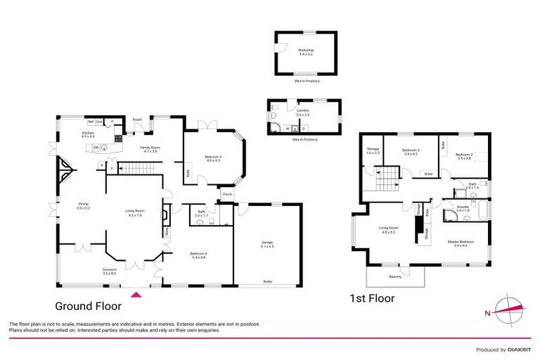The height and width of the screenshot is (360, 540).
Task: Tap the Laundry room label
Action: [x=303, y=112]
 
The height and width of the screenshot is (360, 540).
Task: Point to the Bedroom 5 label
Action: [x=214, y=158]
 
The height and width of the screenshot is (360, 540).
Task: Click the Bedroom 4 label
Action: [x=198, y=256]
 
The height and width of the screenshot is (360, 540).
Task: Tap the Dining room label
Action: [x=84, y=206]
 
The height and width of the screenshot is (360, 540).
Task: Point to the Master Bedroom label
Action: [x=461, y=243]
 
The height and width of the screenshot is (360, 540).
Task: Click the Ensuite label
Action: [x=463, y=208]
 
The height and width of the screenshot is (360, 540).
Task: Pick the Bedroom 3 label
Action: [x=411, y=151]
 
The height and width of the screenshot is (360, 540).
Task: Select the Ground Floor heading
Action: [x=89, y=306]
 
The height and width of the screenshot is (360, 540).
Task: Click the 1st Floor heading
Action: [x=372, y=298]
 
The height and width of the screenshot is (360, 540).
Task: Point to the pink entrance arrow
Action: [x=137, y=294]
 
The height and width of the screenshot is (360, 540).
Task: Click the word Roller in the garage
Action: [x=268, y=281]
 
